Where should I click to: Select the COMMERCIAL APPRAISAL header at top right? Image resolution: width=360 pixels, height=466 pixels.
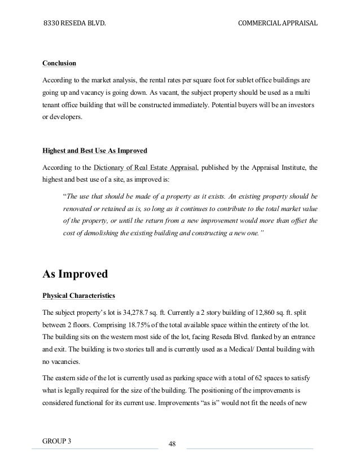pos(278,24)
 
